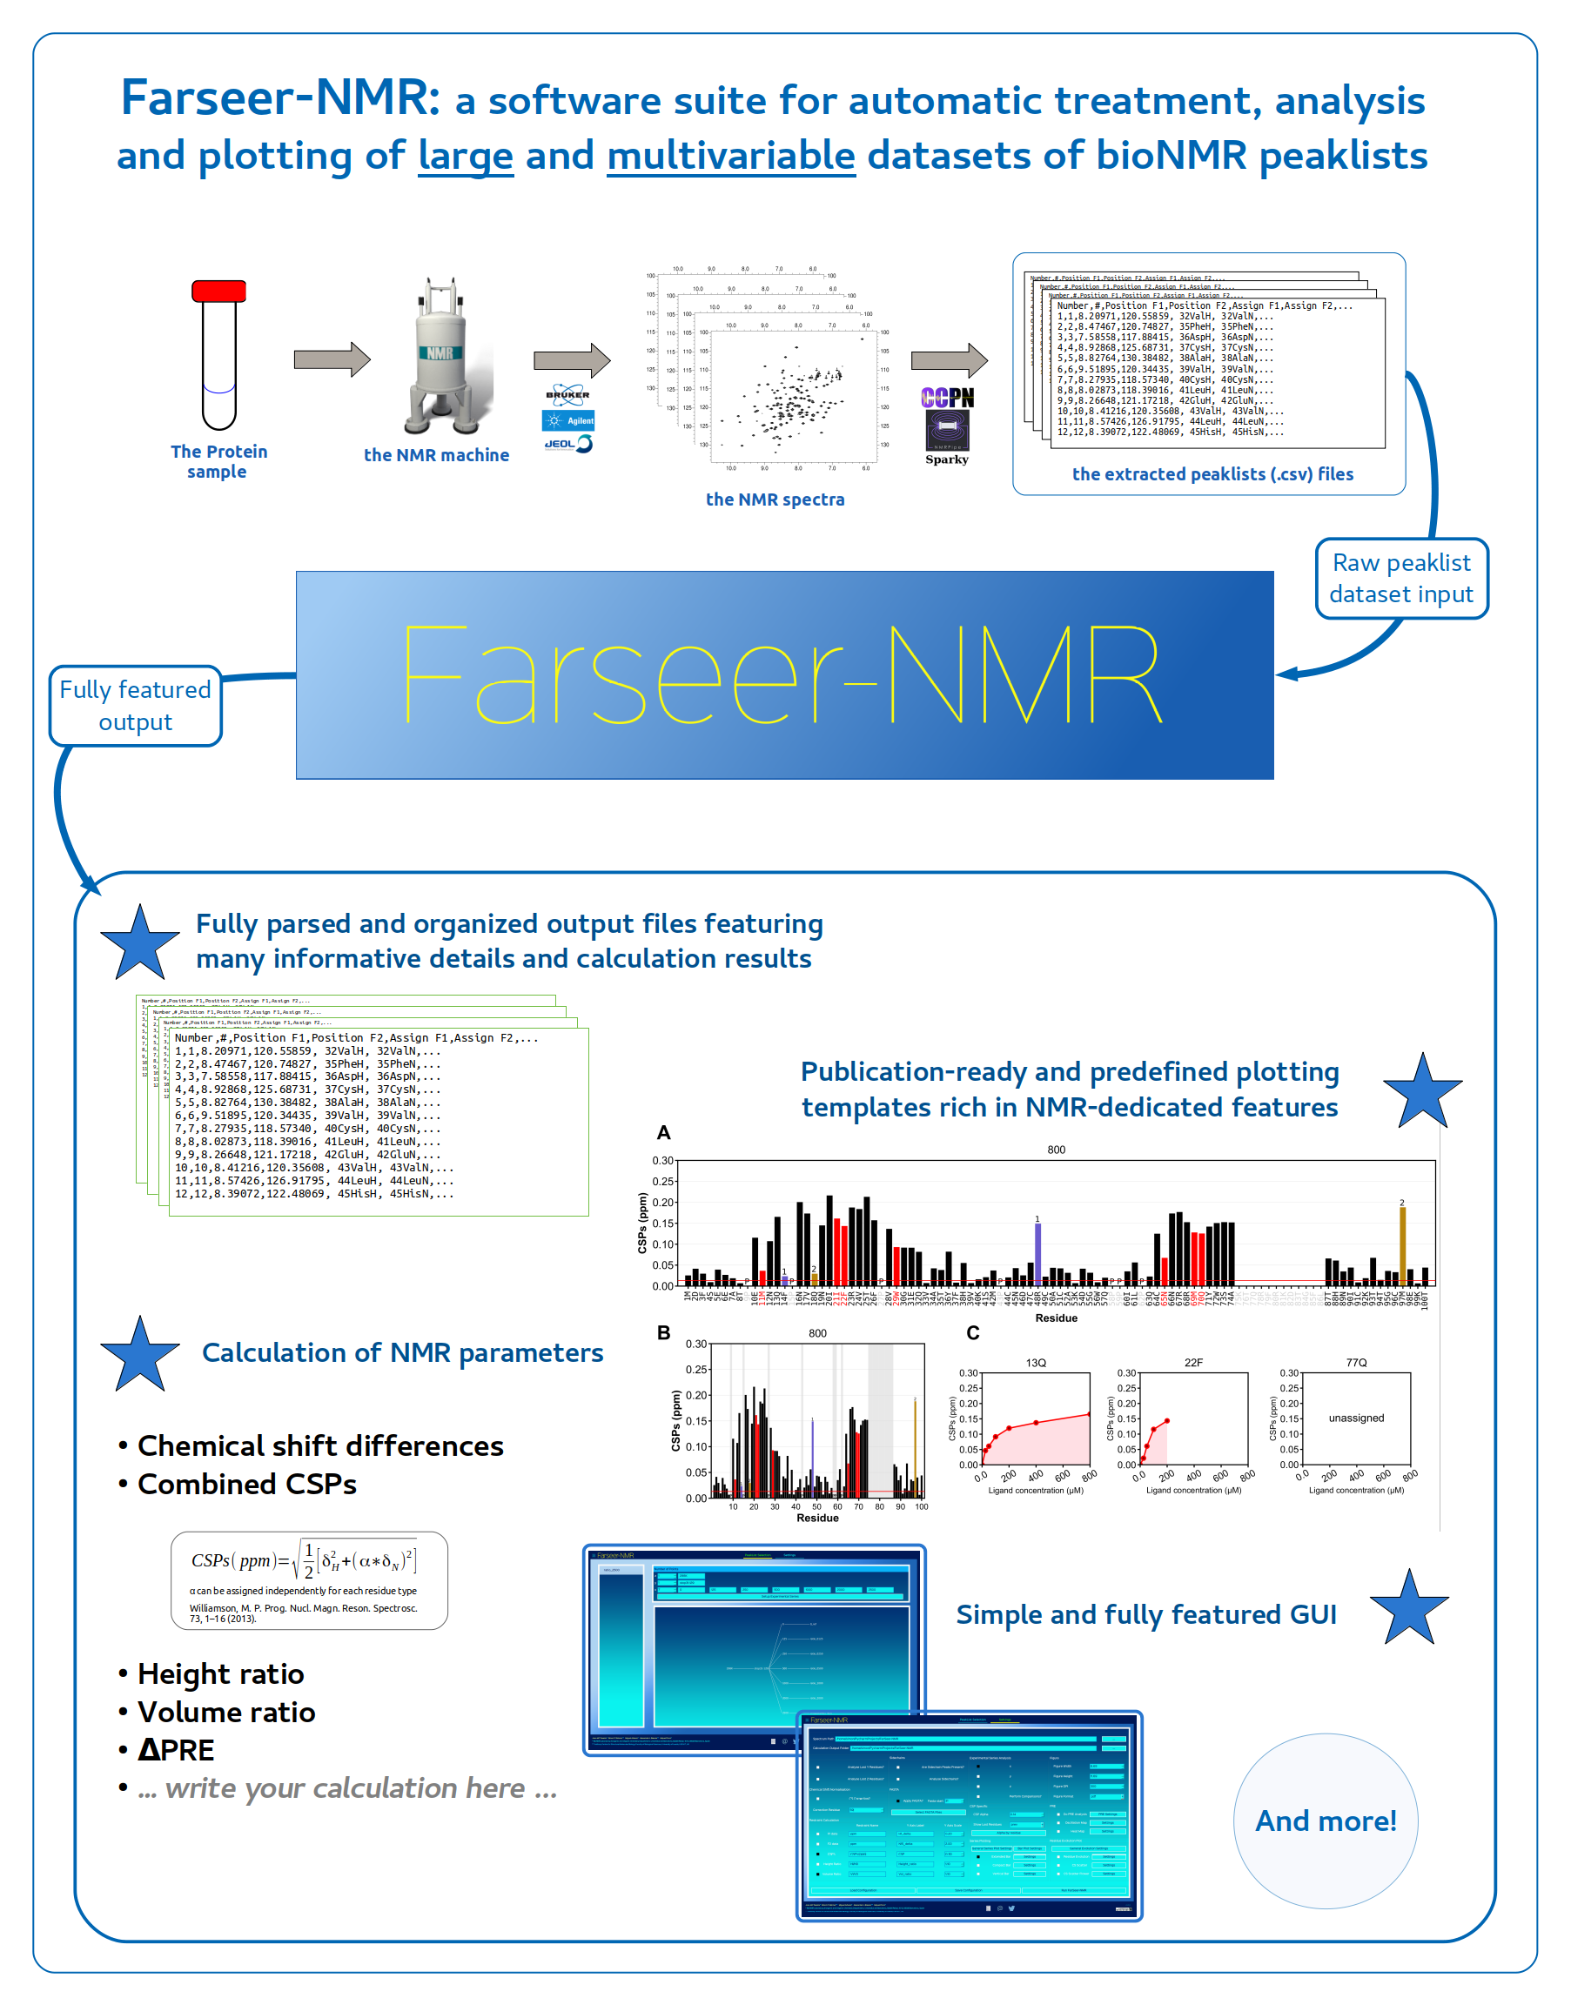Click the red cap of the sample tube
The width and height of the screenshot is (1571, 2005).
[x=219, y=291]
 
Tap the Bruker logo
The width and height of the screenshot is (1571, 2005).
[x=567, y=395]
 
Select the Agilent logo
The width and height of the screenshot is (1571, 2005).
[x=568, y=420]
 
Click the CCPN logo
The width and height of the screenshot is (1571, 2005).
[x=947, y=399]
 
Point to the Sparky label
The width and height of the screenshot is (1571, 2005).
[x=946, y=459]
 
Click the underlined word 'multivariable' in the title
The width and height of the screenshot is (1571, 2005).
[x=730, y=156]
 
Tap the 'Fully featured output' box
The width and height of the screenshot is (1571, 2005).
[x=135, y=706]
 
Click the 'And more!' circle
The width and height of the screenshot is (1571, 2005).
[x=1325, y=1821]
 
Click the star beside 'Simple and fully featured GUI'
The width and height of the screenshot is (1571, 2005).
[x=1408, y=1611]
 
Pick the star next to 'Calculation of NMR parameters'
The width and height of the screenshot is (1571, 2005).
[x=140, y=1355]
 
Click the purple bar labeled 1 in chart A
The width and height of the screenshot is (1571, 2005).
[x=1037, y=1252]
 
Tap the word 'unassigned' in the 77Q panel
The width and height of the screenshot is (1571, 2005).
[x=1356, y=1418]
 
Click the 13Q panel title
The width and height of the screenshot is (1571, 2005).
[x=1036, y=1363]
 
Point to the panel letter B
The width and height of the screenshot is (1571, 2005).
[x=663, y=1332]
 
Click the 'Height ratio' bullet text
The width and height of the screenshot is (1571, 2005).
[x=221, y=1674]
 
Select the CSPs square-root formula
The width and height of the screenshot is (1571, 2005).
[x=305, y=1561]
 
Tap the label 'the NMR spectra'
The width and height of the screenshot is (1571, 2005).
[x=775, y=500]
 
